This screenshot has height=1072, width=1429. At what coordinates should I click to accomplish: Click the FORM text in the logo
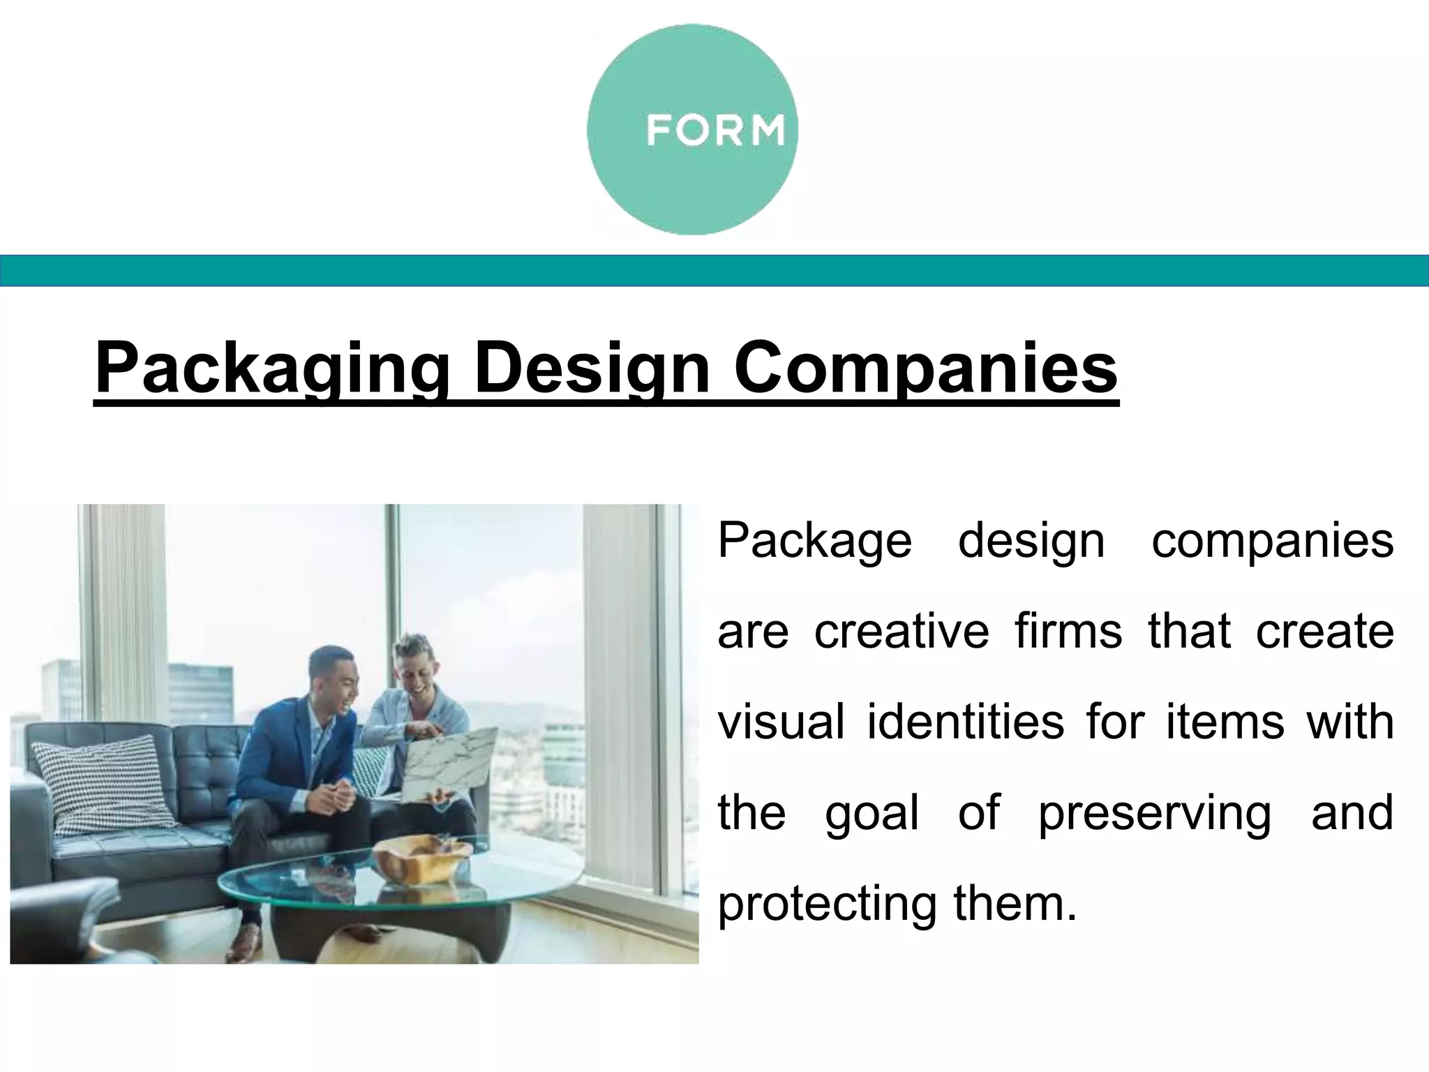click(714, 131)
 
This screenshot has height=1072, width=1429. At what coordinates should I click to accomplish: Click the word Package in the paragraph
click(815, 542)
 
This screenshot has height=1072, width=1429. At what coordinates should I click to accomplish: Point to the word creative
click(901, 632)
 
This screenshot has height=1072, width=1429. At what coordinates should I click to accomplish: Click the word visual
click(781, 722)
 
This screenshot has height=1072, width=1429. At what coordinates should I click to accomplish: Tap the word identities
click(966, 722)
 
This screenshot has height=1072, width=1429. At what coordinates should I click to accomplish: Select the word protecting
click(827, 904)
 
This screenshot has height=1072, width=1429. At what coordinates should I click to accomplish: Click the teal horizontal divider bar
click(714, 271)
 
